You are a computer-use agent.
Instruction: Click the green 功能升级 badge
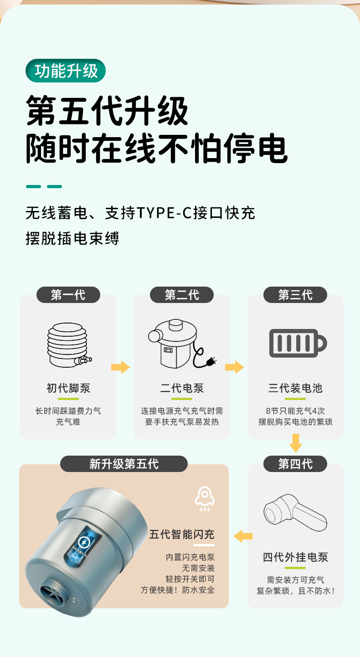point(66,71)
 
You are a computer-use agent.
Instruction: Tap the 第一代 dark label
point(68,295)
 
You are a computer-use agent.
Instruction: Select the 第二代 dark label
point(182,295)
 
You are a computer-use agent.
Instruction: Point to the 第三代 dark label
point(295,295)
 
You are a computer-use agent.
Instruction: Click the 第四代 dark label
point(295,464)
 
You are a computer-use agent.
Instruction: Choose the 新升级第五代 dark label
point(124,464)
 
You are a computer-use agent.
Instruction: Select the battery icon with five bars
point(297,343)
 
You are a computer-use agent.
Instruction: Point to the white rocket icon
point(205,498)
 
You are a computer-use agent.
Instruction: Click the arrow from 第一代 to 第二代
point(120,367)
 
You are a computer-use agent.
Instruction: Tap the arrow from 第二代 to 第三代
point(234,367)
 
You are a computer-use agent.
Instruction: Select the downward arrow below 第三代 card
point(296,443)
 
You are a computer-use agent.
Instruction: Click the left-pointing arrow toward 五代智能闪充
point(243,536)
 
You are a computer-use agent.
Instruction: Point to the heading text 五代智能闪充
point(181,534)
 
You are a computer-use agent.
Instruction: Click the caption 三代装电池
point(295,388)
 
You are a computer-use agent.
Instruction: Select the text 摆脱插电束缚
point(72,238)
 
